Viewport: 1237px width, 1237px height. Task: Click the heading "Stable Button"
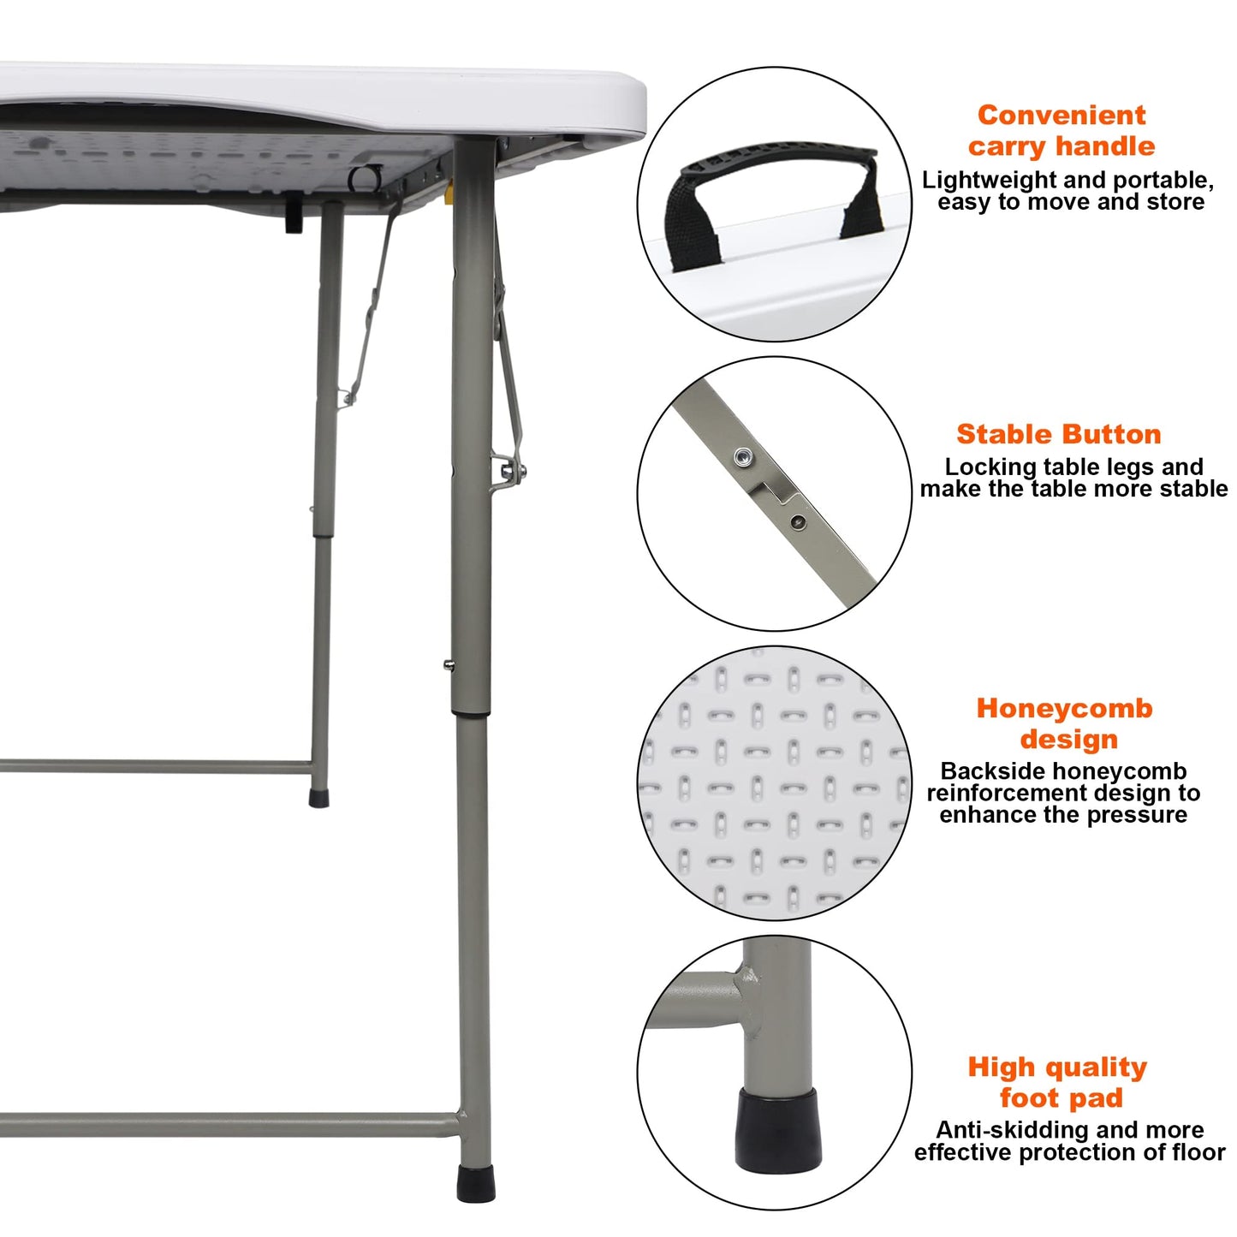tap(1058, 434)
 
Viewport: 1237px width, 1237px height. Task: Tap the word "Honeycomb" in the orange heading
tap(1064, 709)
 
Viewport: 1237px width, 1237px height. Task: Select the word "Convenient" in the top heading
tap(1061, 115)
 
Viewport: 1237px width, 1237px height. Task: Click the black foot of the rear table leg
tap(318, 798)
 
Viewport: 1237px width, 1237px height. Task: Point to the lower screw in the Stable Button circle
tap(798, 520)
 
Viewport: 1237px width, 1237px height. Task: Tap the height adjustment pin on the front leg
tap(448, 663)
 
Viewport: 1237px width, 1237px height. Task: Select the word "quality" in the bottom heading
tap(1096, 1068)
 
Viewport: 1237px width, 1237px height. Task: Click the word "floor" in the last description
tap(1193, 1152)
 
